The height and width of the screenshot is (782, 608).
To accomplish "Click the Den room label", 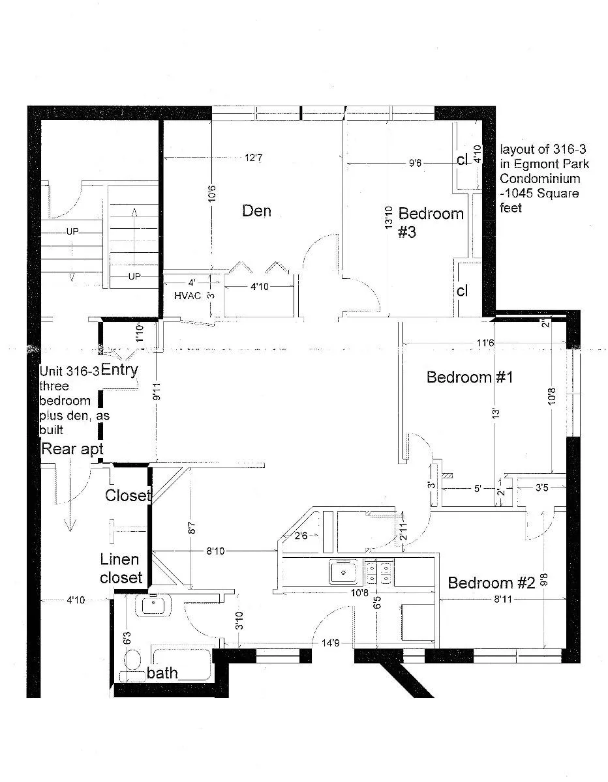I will [x=256, y=210].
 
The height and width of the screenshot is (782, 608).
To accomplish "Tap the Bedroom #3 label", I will [x=431, y=222].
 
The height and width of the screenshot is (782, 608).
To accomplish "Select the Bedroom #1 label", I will [x=468, y=377].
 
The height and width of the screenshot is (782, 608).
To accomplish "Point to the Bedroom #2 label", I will [x=491, y=583].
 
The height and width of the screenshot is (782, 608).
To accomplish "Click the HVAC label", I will [x=186, y=295].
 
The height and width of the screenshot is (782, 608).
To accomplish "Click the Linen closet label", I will [x=121, y=568].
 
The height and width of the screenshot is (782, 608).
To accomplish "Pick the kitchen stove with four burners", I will [x=379, y=572].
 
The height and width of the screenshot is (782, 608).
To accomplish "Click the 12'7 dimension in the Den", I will [x=254, y=157].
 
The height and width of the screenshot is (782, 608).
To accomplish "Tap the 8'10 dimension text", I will [x=215, y=551].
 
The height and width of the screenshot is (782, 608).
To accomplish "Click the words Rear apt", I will [x=72, y=448].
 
